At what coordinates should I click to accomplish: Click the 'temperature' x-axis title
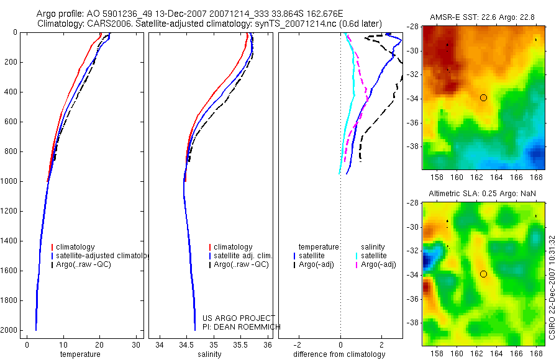[x=80, y=354]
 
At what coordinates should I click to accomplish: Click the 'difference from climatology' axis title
[x=340, y=354]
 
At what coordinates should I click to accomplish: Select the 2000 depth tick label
[x=9, y=330]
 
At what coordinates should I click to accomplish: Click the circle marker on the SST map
[x=483, y=97]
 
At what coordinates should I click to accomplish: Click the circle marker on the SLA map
[x=483, y=274]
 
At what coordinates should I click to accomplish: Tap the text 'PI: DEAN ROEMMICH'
[x=242, y=326]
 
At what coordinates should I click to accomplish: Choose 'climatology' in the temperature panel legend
[x=77, y=247]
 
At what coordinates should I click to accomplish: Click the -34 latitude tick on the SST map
[x=414, y=99]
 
